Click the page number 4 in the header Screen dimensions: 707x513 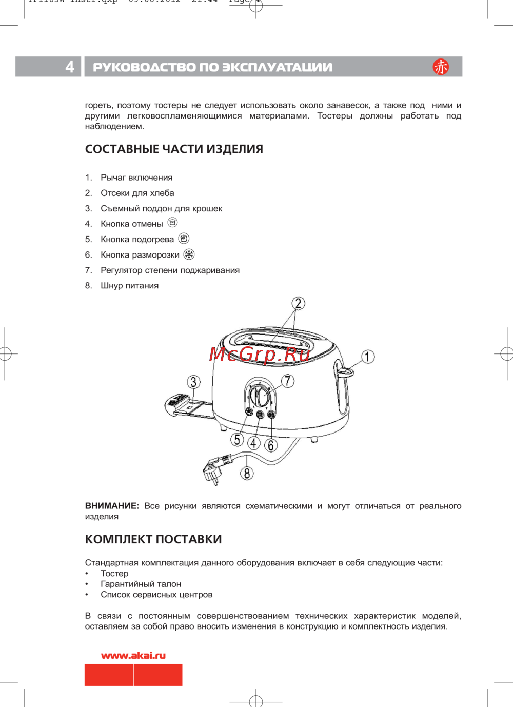70,67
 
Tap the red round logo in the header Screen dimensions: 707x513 440,67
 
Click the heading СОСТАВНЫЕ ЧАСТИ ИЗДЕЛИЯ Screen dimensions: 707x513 174,149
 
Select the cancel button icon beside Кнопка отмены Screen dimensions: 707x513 173,223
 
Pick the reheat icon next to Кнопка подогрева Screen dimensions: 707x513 184,239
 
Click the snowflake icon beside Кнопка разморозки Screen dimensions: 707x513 189,254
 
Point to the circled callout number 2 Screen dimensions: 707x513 298,303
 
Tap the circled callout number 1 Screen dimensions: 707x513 367,357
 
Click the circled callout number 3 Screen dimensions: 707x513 193,382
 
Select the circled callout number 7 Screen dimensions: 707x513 288,381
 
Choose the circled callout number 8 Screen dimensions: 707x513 247,473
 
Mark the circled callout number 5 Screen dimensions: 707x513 236,439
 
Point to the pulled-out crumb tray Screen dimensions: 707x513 182,405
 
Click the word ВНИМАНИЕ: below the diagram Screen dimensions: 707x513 112,506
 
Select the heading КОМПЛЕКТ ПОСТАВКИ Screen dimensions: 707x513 153,539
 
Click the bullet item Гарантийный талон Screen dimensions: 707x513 141,584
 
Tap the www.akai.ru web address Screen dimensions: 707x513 133,655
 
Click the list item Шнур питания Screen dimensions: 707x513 129,286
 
